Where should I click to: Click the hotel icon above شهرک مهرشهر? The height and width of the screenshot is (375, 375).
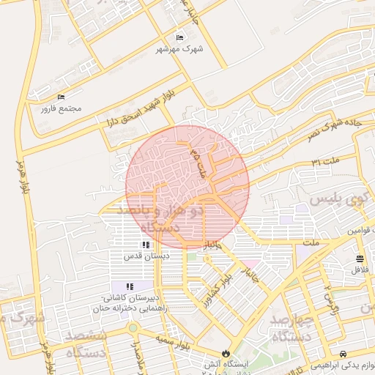180,38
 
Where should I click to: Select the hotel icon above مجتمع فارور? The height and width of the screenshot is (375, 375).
61,97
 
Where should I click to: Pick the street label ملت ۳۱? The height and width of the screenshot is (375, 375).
325,160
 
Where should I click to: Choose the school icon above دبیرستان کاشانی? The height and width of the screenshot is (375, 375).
130,287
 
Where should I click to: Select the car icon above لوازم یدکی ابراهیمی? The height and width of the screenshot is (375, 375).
344,352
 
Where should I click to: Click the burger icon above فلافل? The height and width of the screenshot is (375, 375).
359,259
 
